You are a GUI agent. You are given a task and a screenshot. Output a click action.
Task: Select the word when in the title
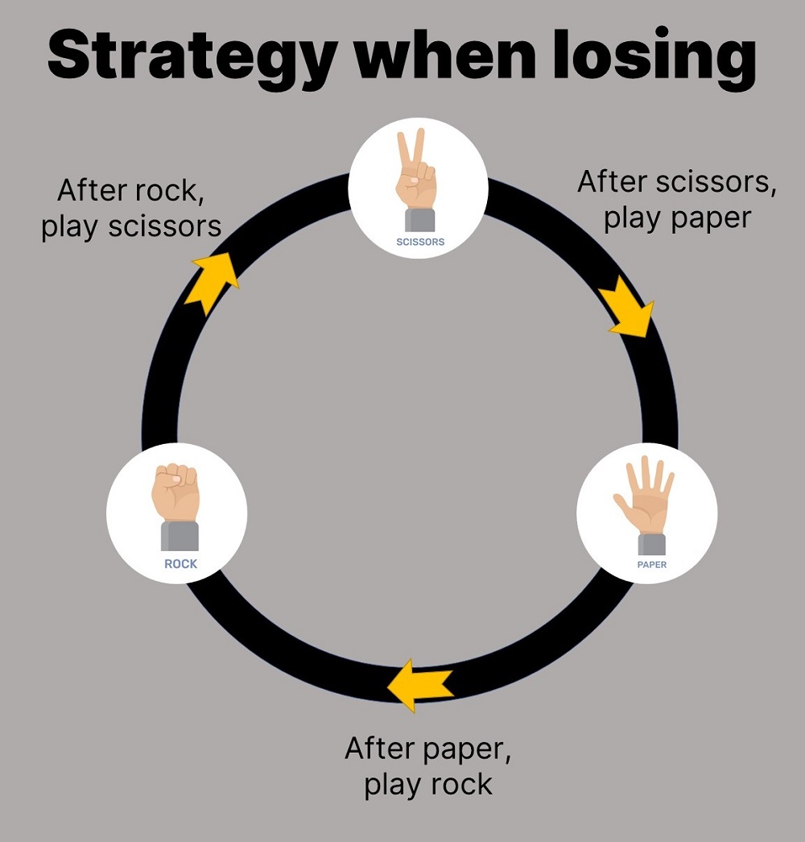(x=440, y=55)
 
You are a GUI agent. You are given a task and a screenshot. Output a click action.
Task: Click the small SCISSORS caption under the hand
(x=420, y=242)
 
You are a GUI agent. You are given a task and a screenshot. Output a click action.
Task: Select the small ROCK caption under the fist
(x=180, y=564)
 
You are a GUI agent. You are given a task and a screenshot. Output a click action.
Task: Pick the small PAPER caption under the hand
(x=652, y=565)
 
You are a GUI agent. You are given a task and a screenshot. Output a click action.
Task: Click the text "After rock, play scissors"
(x=131, y=209)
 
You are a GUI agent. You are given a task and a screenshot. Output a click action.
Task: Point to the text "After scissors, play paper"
(x=677, y=200)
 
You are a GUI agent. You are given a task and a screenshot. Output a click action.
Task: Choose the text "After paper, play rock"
(x=428, y=765)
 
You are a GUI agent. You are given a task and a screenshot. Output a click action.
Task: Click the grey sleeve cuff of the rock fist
(x=180, y=536)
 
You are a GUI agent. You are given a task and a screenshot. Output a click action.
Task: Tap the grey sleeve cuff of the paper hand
(x=652, y=543)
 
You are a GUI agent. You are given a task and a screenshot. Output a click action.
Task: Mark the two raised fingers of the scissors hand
(x=411, y=149)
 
